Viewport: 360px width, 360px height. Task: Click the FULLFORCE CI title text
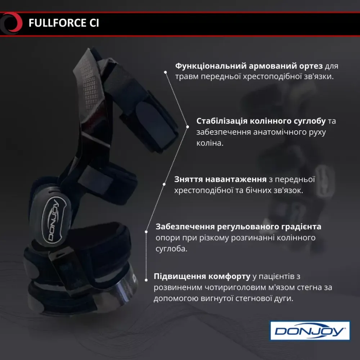pyautogui.click(x=63, y=23)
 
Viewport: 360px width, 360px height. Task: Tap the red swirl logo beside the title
pyautogui.click(x=12, y=23)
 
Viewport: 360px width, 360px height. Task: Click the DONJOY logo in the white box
pyautogui.click(x=310, y=331)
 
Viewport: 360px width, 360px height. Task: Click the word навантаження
pyautogui.click(x=235, y=179)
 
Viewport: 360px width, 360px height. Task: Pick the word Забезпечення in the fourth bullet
pyautogui.click(x=185, y=227)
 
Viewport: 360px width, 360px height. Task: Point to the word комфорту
pyautogui.click(x=229, y=276)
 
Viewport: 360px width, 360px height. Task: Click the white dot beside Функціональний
pyautogui.click(x=165, y=72)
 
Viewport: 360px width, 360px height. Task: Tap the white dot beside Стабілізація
pyautogui.click(x=187, y=126)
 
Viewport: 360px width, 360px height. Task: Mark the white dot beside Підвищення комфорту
pyautogui.click(x=146, y=279)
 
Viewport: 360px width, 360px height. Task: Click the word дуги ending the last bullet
pyautogui.click(x=284, y=299)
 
